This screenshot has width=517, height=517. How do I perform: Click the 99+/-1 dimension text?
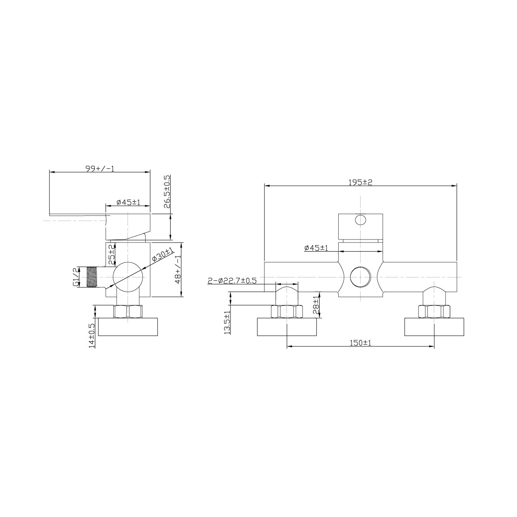click(x=100, y=168)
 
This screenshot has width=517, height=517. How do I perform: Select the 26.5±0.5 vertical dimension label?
click(x=167, y=192)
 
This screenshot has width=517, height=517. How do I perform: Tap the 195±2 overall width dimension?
click(x=360, y=182)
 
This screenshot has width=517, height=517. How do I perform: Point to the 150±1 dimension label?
click(x=360, y=343)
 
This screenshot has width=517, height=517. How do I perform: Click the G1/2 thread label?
click(x=76, y=277)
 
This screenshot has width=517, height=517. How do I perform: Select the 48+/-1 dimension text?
click(x=178, y=269)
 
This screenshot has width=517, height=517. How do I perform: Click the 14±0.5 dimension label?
click(x=92, y=336)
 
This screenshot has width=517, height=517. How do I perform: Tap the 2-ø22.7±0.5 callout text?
click(x=232, y=280)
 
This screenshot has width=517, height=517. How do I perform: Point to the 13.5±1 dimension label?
click(x=227, y=323)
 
